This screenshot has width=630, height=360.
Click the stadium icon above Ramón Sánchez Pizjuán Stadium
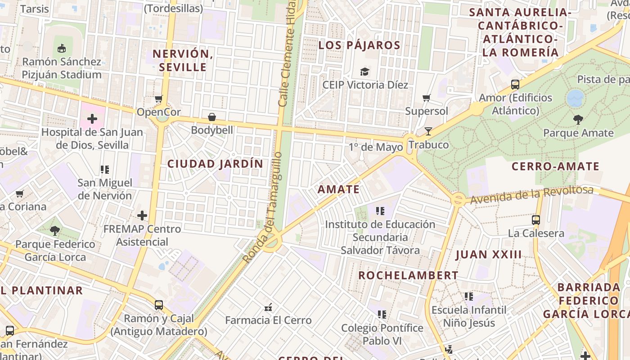[62, 47]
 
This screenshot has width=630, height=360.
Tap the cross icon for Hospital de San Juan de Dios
[92, 119]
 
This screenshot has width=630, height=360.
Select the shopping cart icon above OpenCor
[158, 99]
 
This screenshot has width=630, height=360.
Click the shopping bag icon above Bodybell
[212, 117]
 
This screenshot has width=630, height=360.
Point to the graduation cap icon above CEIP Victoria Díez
[364, 72]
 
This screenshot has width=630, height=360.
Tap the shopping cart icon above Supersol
[427, 98]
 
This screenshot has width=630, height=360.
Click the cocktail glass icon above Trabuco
[428, 131]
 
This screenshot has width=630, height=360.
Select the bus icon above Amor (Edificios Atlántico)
[515, 84]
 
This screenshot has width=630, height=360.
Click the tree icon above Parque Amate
[578, 120]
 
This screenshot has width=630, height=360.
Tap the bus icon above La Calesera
[536, 220]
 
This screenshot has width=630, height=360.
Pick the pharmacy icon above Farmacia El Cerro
[269, 307]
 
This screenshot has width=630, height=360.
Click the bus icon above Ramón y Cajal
[159, 305]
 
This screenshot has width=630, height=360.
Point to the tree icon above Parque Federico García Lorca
[55, 231]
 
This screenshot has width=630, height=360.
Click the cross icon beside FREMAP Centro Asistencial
[142, 216]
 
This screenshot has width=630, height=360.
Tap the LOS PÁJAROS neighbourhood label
[359, 45]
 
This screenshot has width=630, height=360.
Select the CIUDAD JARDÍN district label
[215, 164]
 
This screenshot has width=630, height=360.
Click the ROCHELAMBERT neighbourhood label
[408, 275]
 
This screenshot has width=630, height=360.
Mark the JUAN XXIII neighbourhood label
[489, 255]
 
